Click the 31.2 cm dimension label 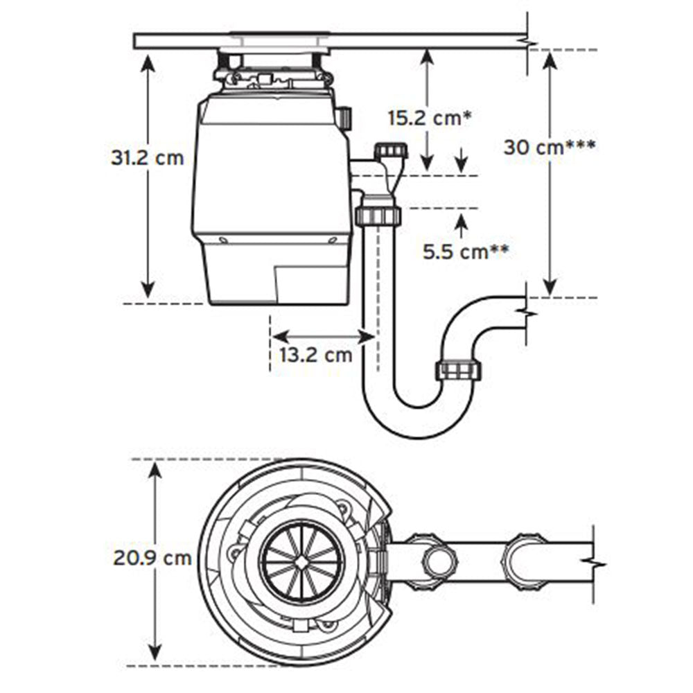[147, 158]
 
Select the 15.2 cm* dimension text [430, 118]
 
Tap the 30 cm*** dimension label [550, 147]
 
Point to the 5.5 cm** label [466, 252]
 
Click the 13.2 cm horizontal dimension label [316, 354]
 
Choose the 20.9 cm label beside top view [152, 558]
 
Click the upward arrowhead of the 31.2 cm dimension [148, 63]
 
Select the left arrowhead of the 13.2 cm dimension [280, 337]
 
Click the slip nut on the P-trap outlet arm [459, 369]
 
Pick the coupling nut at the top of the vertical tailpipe [378, 216]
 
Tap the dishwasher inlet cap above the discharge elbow [391, 150]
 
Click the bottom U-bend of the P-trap [418, 421]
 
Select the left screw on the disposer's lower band [223, 241]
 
